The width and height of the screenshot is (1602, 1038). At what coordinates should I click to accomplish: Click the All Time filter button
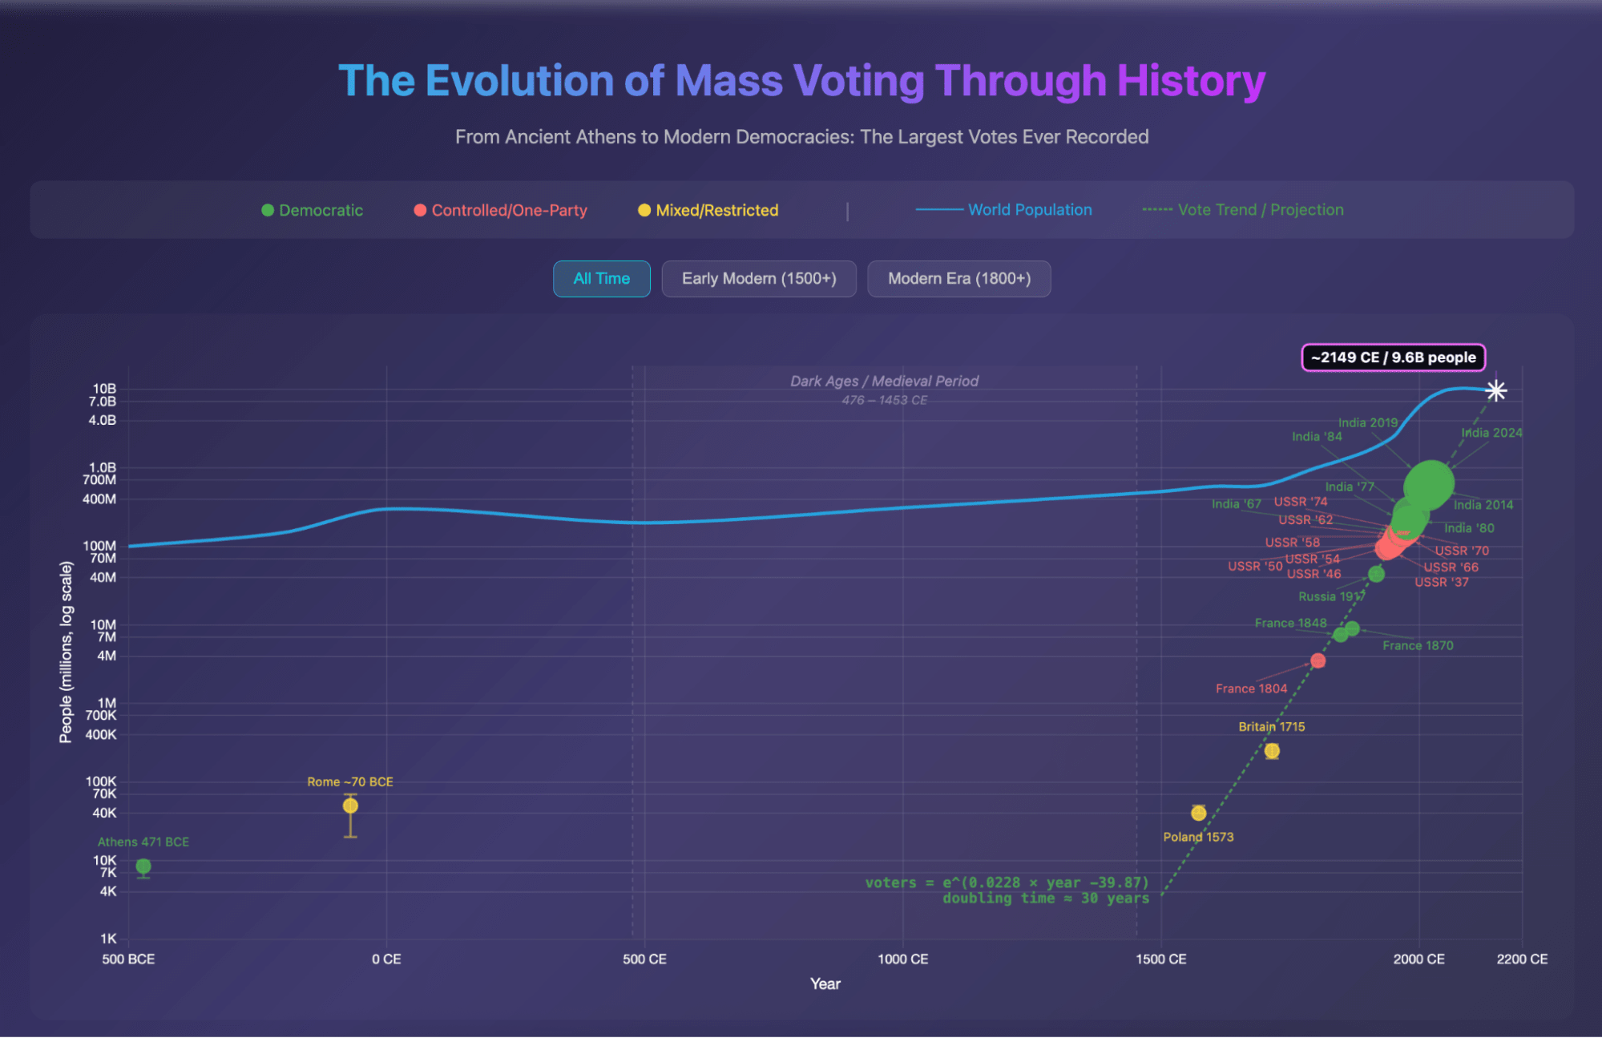(601, 279)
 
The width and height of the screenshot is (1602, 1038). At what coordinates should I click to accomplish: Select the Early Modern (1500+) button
(758, 279)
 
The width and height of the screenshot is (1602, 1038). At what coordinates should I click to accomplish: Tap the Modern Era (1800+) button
(958, 279)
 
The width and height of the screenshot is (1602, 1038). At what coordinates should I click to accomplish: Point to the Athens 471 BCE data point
(143, 866)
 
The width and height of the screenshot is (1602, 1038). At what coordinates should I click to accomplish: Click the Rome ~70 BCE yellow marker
(350, 806)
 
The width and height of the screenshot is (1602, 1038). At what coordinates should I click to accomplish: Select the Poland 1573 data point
(1198, 813)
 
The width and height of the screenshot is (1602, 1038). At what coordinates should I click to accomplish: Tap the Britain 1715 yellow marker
(1272, 751)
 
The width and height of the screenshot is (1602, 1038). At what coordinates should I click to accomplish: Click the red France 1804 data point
(1318, 660)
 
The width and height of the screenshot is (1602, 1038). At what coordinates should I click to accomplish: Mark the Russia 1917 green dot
(1376, 574)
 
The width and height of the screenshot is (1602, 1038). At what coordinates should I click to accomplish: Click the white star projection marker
(1495, 390)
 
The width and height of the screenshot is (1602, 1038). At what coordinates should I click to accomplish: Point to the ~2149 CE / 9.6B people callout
(1393, 357)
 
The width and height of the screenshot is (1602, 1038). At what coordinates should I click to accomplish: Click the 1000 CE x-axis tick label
(902, 959)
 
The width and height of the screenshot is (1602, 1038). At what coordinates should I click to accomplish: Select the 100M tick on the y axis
(99, 546)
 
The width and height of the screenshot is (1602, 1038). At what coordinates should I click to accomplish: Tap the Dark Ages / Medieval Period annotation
(884, 382)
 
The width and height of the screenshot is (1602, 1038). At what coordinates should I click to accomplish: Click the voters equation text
(1007, 883)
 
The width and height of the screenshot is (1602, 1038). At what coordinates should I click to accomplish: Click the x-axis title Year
(825, 984)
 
